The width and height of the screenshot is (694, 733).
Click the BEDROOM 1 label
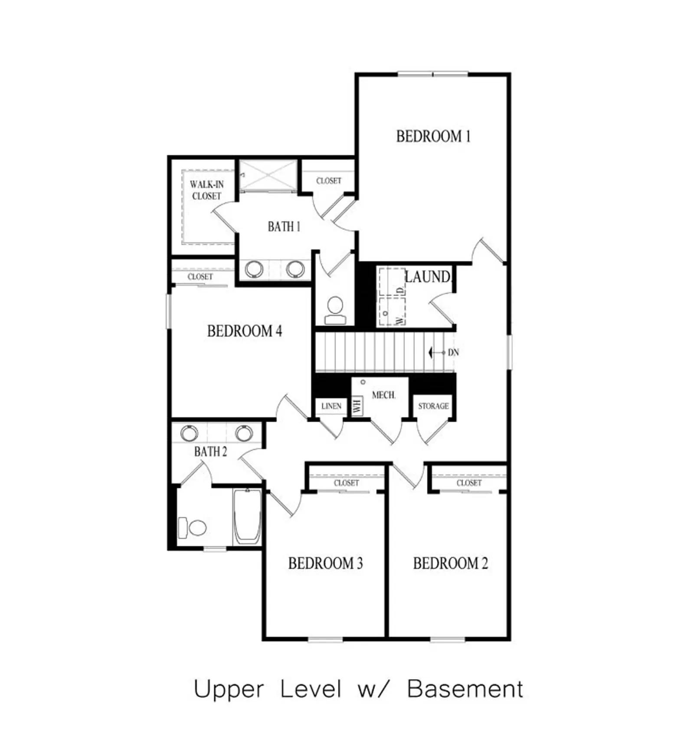433,136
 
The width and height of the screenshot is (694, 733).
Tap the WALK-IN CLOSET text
206,190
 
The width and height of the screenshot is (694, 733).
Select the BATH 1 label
284,226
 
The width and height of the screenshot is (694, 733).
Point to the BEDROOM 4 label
245,331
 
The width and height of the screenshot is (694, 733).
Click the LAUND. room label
428,277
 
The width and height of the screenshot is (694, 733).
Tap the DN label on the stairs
453,353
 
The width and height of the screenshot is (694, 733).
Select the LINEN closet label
331,406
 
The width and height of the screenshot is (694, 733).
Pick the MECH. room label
384,395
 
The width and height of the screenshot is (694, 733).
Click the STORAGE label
433,406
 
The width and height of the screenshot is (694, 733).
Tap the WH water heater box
357,406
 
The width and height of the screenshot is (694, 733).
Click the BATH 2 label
210,452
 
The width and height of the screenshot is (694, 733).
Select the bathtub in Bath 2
247,517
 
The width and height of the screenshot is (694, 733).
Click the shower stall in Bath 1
268,175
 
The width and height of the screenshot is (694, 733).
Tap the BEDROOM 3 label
326,563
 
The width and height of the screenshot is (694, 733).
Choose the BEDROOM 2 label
451,563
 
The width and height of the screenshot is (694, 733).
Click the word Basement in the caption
465,689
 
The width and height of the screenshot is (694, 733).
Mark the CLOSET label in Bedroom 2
469,483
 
